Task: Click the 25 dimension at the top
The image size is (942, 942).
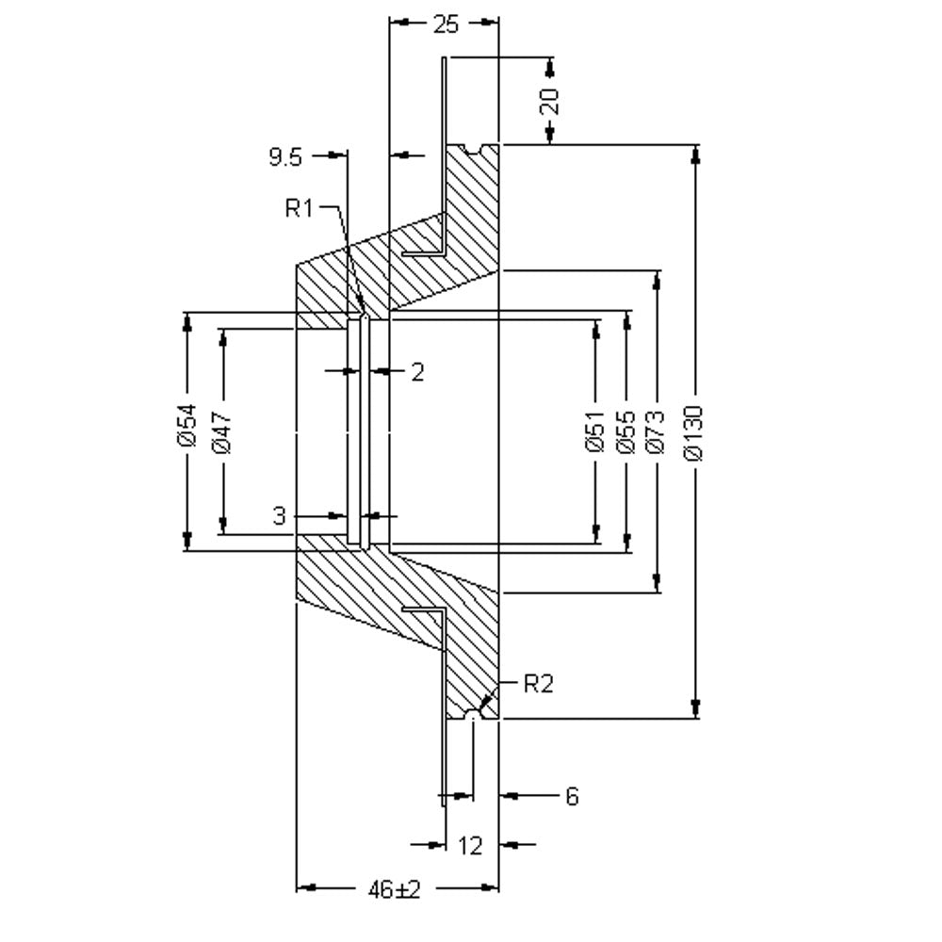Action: point(446,24)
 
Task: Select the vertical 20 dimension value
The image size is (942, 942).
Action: point(550,101)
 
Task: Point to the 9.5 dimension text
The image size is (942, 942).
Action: point(285,158)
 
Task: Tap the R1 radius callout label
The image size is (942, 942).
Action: point(300,208)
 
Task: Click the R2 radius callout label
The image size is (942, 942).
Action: point(538,684)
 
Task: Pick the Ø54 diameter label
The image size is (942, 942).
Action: point(187,425)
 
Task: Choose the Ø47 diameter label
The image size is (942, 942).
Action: point(221,431)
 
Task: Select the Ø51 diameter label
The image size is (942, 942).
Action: point(594,430)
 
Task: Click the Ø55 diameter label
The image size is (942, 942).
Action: point(625,430)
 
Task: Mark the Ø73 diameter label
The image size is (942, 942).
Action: point(656,430)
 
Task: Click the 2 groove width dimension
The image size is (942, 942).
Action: point(417,372)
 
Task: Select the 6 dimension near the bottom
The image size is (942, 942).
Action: point(572,797)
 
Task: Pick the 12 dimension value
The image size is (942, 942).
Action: point(470,846)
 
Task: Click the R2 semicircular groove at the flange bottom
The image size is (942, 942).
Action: point(474,713)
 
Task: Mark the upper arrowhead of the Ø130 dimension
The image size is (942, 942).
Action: point(696,154)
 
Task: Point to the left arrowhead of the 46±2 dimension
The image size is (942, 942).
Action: point(306,887)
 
